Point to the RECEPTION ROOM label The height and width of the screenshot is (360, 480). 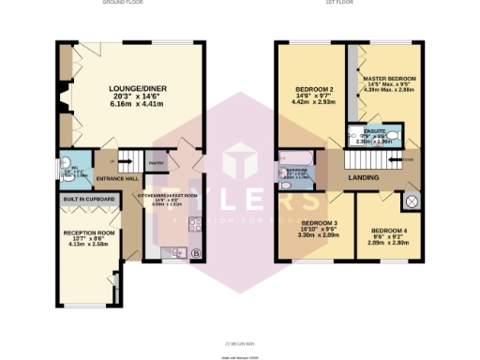click(x=88, y=232)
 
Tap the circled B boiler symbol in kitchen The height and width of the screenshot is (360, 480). click(x=195, y=253)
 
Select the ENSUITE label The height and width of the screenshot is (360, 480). click(x=373, y=135)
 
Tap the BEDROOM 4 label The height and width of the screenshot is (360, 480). click(x=388, y=230)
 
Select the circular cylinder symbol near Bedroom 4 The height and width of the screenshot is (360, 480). click(x=411, y=201)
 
